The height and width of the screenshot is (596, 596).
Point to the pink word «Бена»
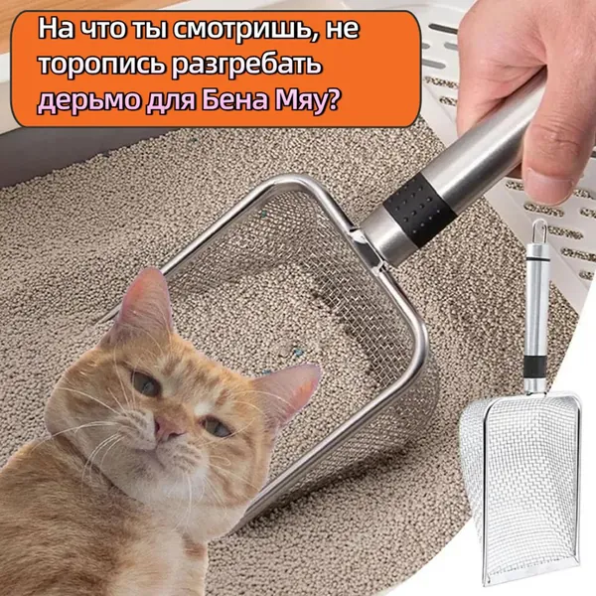pos(234,100)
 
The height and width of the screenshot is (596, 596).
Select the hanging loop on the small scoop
pos(539,232)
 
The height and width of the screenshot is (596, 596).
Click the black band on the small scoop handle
pos(535,368)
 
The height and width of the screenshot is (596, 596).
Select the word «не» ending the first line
pos(343,31)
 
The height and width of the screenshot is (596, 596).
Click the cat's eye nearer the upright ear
pos(146,383)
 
